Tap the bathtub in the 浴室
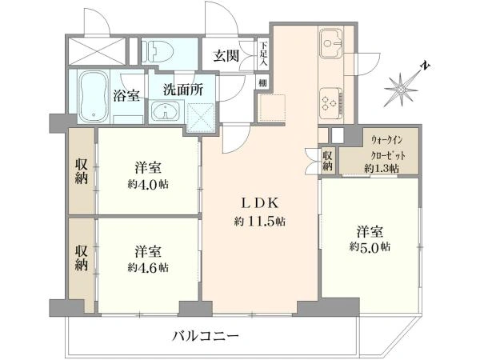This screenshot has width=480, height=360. [94, 97]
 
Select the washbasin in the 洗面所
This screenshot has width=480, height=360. [165, 111]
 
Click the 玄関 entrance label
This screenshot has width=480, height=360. [226, 56]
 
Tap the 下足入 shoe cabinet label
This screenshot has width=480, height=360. [263, 54]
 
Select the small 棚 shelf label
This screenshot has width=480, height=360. [262, 83]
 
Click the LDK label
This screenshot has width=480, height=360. [260, 203]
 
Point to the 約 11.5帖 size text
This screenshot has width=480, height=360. [260, 222]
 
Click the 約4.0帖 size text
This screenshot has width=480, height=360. [148, 184]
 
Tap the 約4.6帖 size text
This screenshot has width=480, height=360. [148, 268]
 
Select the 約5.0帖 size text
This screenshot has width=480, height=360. [370, 246]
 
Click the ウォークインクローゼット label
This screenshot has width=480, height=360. [387, 148]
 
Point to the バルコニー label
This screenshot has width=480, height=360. [206, 337]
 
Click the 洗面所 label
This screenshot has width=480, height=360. [182, 90]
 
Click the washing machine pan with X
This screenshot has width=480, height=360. [201, 118]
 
